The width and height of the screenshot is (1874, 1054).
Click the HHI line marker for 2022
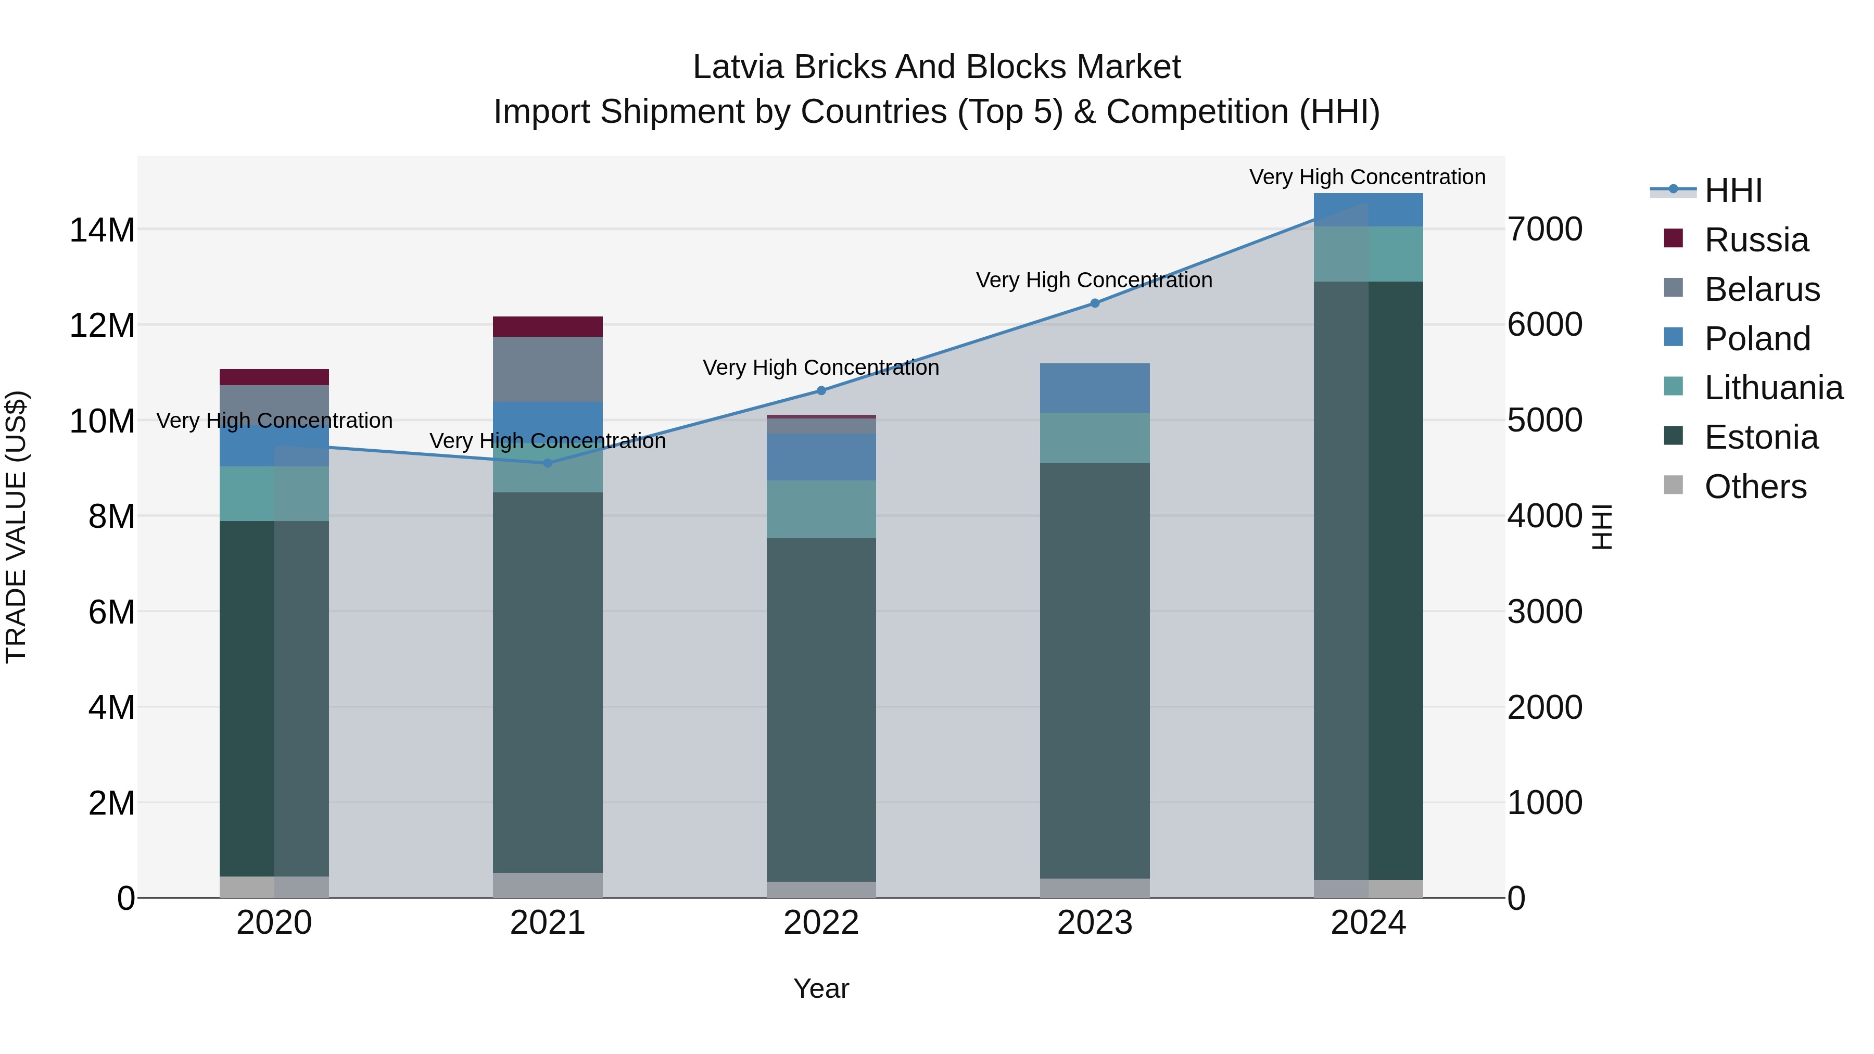[821, 390]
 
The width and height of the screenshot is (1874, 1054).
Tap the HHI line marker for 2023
[1095, 303]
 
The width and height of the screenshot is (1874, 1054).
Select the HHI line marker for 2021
[548, 463]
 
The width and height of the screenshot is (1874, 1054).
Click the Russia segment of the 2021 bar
[548, 326]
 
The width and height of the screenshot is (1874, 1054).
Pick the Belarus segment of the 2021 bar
[548, 369]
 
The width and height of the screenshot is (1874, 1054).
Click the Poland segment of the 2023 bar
[1095, 388]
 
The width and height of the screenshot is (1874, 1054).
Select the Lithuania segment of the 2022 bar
[821, 509]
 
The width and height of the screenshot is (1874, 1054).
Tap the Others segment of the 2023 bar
[1095, 888]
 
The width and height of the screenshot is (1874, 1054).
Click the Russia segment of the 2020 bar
[274, 377]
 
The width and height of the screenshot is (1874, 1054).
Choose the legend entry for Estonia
[1761, 437]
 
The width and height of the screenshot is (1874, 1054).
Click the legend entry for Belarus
[1761, 289]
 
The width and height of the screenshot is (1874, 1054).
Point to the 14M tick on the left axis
[102, 230]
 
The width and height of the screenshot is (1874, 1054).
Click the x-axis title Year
[821, 988]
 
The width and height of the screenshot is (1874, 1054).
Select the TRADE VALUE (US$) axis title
[16, 527]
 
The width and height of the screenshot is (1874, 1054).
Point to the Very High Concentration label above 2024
[1367, 177]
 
